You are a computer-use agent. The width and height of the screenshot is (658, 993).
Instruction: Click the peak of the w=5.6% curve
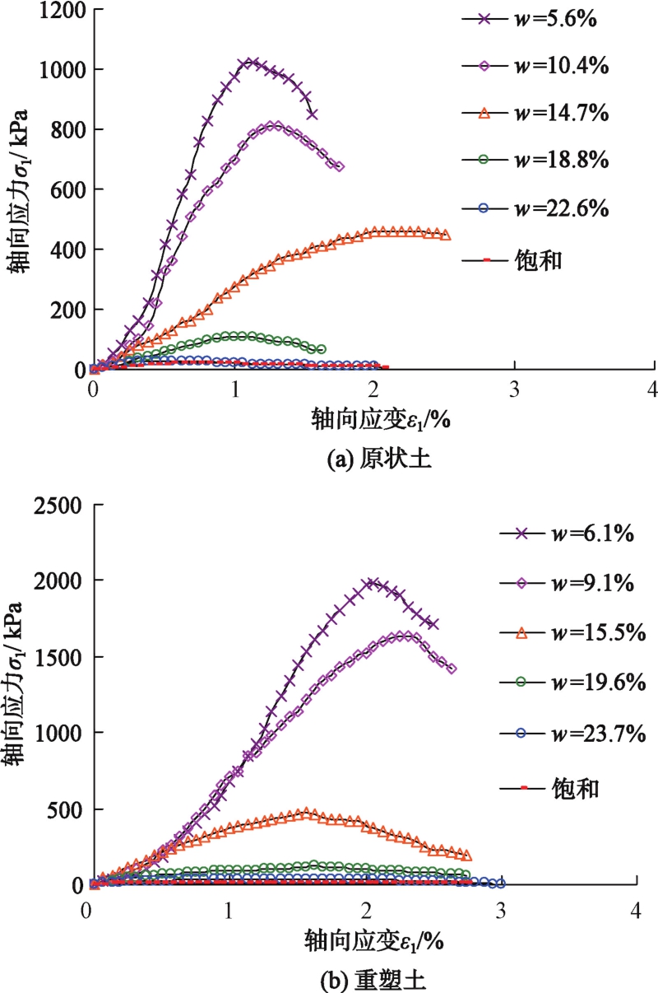pyautogui.click(x=248, y=62)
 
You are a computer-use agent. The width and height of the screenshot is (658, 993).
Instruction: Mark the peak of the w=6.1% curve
pyautogui.click(x=372, y=583)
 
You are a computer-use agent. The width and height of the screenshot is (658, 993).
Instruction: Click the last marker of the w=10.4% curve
pyautogui.click(x=340, y=166)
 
